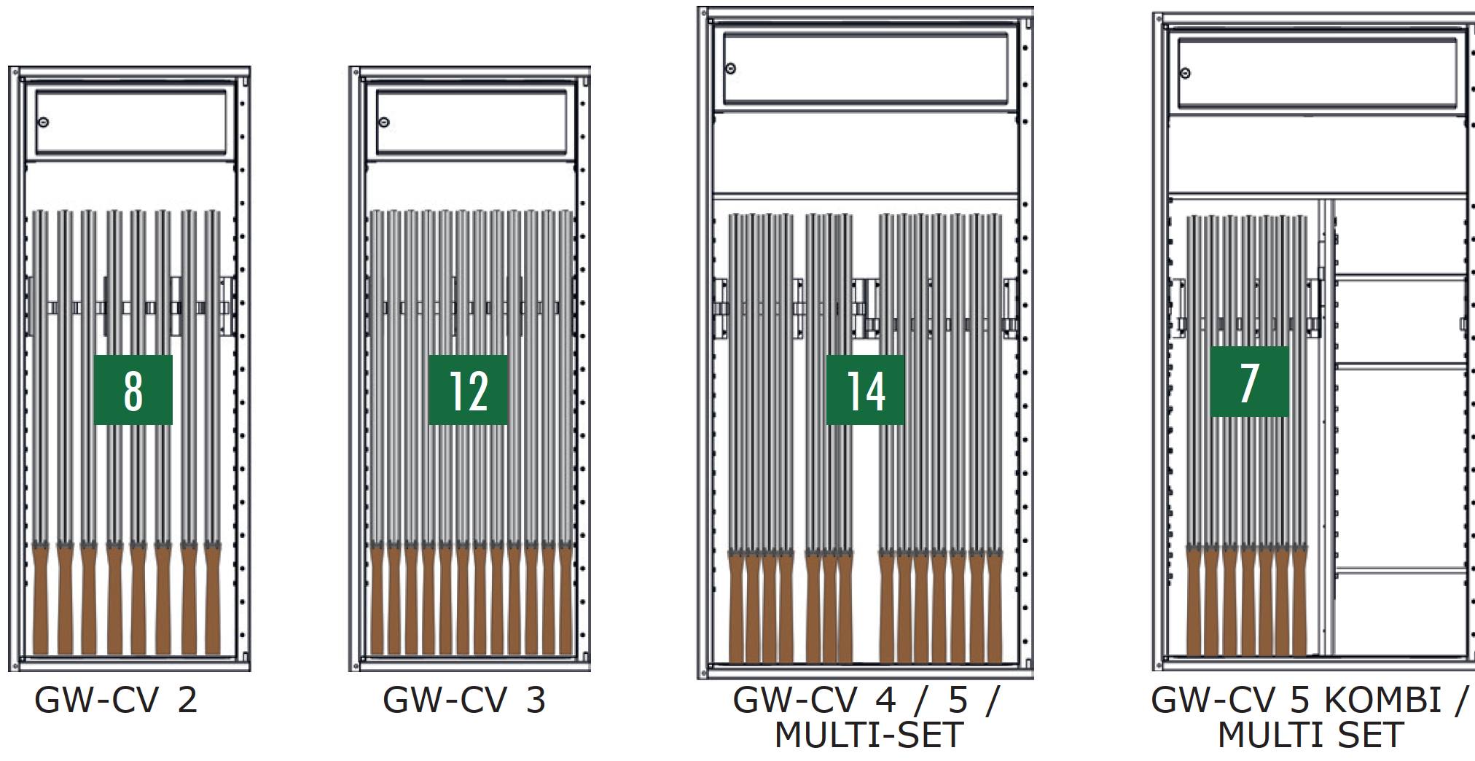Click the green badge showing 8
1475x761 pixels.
click(133, 390)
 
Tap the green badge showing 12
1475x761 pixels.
click(468, 390)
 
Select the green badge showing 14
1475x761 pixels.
click(865, 390)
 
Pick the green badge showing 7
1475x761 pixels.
click(1249, 381)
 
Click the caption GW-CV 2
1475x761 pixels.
click(116, 700)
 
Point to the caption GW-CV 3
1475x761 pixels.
click(464, 700)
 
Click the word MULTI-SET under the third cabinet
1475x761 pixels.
click(869, 735)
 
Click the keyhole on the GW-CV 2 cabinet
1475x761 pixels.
click(44, 122)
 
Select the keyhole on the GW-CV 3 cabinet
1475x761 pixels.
click(384, 122)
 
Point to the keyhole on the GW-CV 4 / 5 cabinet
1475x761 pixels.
click(731, 69)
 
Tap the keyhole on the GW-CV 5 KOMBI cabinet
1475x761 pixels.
click(1186, 73)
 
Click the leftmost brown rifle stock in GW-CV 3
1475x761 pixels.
click(377, 601)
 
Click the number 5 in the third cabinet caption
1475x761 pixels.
click(958, 700)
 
